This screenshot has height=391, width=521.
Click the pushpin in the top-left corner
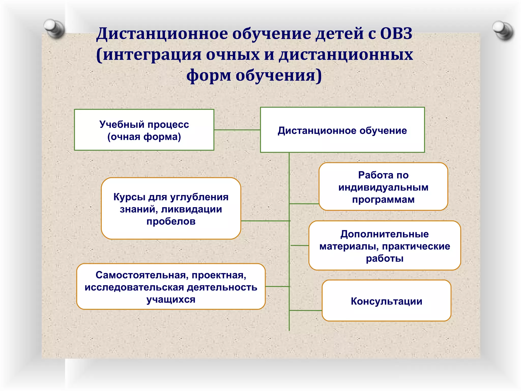coord(53,28)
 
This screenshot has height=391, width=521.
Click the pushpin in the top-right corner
coord(502,30)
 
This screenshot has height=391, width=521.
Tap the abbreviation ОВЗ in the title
coord(396,34)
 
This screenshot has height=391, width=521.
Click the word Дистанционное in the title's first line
coord(162,34)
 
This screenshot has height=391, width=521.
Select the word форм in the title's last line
coord(209,76)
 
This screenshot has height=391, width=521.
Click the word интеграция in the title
coord(152,54)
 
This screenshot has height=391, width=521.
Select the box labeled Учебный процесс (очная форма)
coord(144,130)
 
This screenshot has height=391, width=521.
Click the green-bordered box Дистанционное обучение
coord(342,130)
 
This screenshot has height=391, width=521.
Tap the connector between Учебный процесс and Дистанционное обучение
coord(237,130)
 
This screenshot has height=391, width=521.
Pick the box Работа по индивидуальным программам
coord(383,187)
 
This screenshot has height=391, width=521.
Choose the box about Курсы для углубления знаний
coord(171,208)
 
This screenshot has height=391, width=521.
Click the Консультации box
coord(386,301)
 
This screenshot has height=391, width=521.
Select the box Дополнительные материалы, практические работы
coord(384,245)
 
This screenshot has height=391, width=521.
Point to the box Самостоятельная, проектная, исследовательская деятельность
coord(171,287)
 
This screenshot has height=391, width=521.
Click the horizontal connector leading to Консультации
coord(306,310)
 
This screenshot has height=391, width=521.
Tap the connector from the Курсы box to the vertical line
coord(265,221)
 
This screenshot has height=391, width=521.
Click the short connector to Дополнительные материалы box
coord(299,245)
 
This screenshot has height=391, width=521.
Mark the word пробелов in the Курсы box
coord(171,221)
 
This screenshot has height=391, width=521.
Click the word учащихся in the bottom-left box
coord(171,299)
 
